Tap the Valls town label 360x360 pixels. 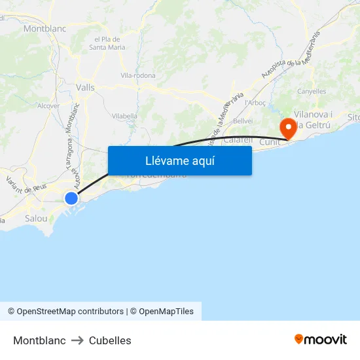85,86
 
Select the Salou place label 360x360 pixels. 36,218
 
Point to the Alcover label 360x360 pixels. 48,105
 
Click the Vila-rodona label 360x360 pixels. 138,75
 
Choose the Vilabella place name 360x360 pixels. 124,116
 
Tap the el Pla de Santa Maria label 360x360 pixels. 107,43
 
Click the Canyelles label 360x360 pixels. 312,91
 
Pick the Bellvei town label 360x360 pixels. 243,121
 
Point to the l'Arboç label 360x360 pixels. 254,103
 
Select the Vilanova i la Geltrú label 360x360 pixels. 314,119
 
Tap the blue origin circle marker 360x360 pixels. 71,198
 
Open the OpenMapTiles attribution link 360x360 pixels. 166,312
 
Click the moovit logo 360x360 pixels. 320,340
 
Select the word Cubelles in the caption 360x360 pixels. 110,340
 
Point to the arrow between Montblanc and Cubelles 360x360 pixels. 77,340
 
